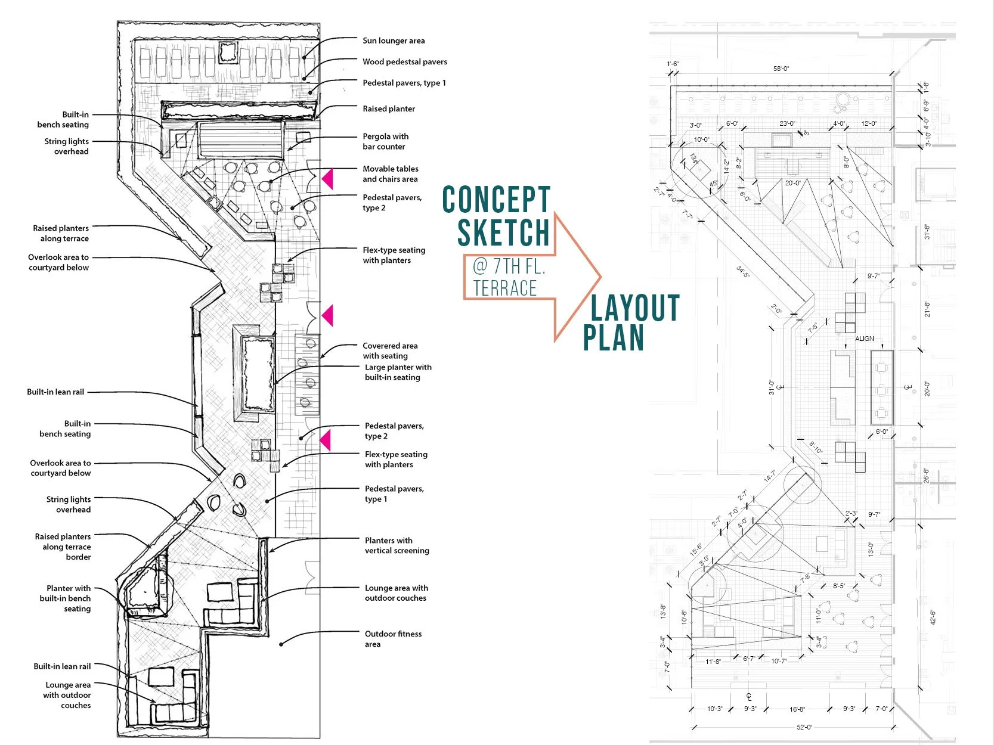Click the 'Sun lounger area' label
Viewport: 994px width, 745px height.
(x=394, y=41)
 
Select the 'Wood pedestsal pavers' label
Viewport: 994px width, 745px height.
(x=404, y=61)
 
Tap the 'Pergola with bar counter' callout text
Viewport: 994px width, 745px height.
(x=385, y=141)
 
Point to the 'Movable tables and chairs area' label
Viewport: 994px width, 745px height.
(x=391, y=173)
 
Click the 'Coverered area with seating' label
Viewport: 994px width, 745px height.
(x=389, y=350)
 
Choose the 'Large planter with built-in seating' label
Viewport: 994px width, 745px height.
(x=398, y=372)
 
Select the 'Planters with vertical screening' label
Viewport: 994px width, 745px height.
(x=397, y=545)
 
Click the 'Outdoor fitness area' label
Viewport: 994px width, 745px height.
(x=393, y=639)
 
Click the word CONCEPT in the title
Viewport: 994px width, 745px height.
(x=496, y=200)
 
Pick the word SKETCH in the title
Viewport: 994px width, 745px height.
(x=503, y=232)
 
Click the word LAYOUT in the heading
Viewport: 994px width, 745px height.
(x=635, y=308)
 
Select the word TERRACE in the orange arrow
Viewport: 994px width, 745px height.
(x=505, y=288)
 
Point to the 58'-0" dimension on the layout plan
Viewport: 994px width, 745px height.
(x=781, y=69)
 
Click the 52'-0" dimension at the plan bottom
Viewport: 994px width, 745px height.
(x=804, y=727)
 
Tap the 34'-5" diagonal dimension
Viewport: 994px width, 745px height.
(x=743, y=272)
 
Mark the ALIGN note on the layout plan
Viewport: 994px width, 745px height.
(x=865, y=339)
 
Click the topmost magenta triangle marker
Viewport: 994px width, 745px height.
(x=327, y=179)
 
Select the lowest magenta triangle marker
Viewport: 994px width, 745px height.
(x=325, y=440)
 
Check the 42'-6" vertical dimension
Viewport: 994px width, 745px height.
(x=933, y=617)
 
